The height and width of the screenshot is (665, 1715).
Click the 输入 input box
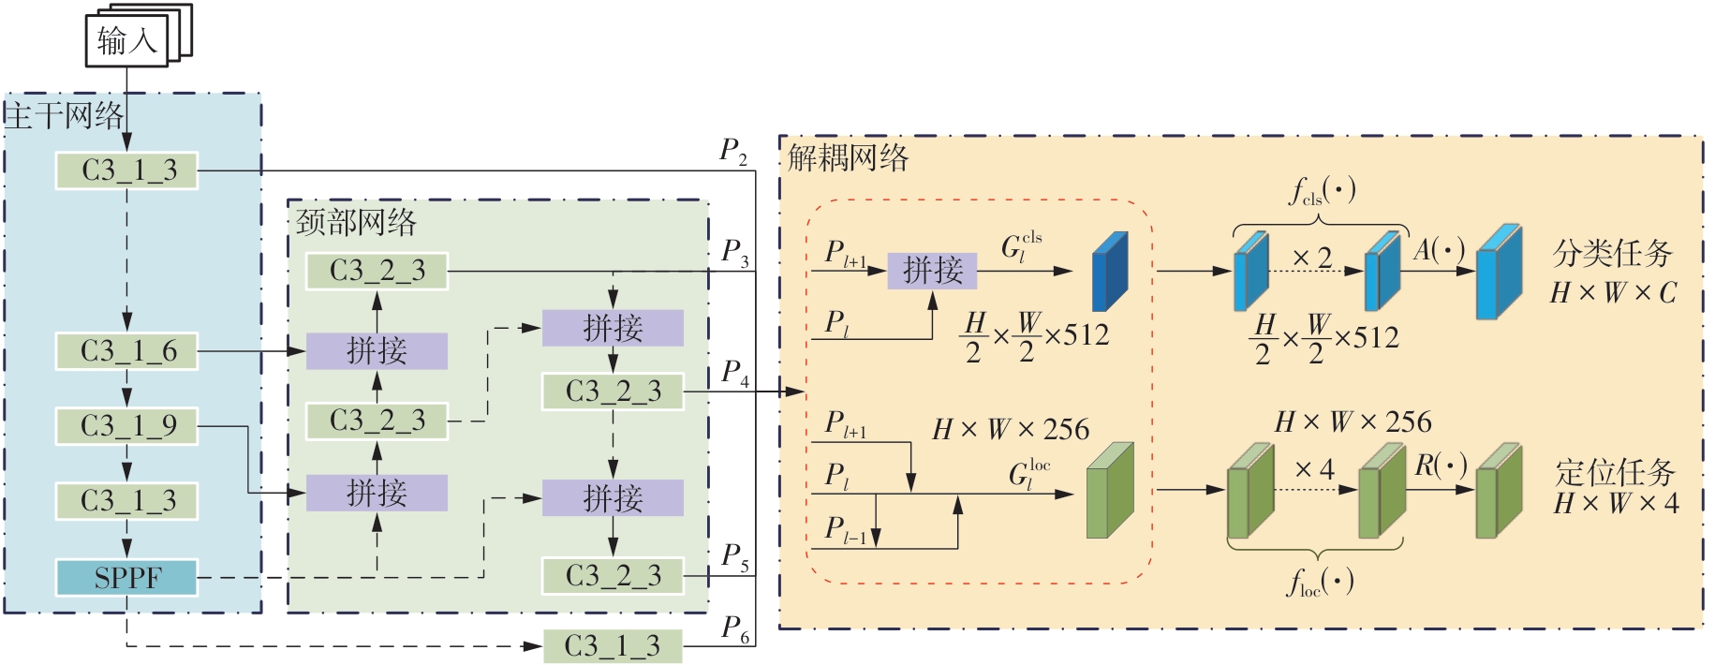(127, 41)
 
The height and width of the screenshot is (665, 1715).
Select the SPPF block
(126, 578)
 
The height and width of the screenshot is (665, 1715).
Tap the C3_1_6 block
(126, 351)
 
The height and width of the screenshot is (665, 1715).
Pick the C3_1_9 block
(126, 426)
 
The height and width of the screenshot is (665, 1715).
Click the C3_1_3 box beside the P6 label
(613, 645)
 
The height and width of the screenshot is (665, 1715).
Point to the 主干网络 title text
(64, 116)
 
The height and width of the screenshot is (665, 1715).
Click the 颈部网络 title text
(356, 223)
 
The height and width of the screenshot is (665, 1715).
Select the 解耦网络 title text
(848, 156)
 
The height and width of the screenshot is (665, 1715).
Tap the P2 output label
(733, 151)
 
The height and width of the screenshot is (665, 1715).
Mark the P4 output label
(735, 373)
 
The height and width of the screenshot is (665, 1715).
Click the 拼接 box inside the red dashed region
(932, 271)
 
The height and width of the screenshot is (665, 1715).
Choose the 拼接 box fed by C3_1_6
(377, 351)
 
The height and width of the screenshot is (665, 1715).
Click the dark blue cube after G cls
(1110, 272)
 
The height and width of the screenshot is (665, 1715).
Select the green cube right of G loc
(1109, 491)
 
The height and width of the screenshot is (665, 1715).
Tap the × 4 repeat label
(1314, 469)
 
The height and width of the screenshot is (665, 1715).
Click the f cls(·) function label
(1322, 192)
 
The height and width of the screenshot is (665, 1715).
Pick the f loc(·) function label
(1320, 584)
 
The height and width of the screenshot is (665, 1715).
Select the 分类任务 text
(1612, 253)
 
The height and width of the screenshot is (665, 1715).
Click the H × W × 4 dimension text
(1616, 504)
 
